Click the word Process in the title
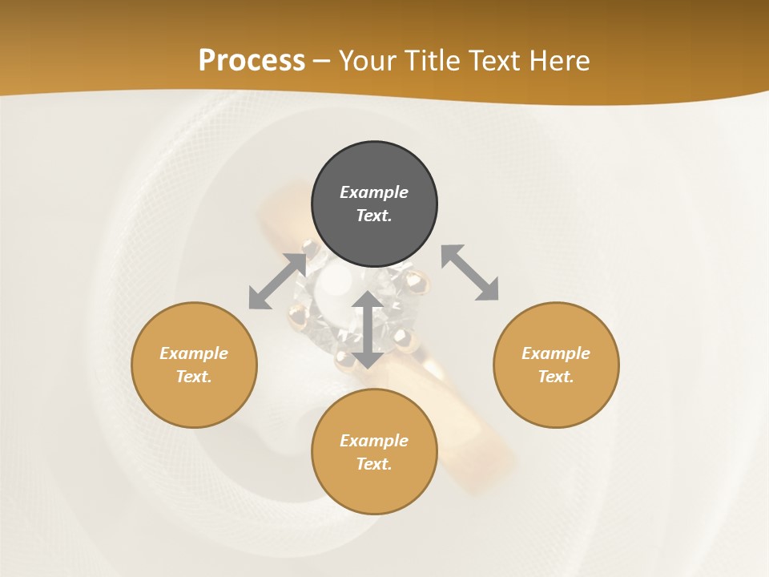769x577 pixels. click(252, 60)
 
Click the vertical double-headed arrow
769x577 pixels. click(368, 329)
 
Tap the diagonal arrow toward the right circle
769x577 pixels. click(469, 272)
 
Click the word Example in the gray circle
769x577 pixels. click(374, 192)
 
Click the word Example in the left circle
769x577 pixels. click(194, 353)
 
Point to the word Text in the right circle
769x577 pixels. click(556, 377)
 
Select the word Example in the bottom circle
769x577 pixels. click(374, 441)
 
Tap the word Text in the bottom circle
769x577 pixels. click(374, 464)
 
